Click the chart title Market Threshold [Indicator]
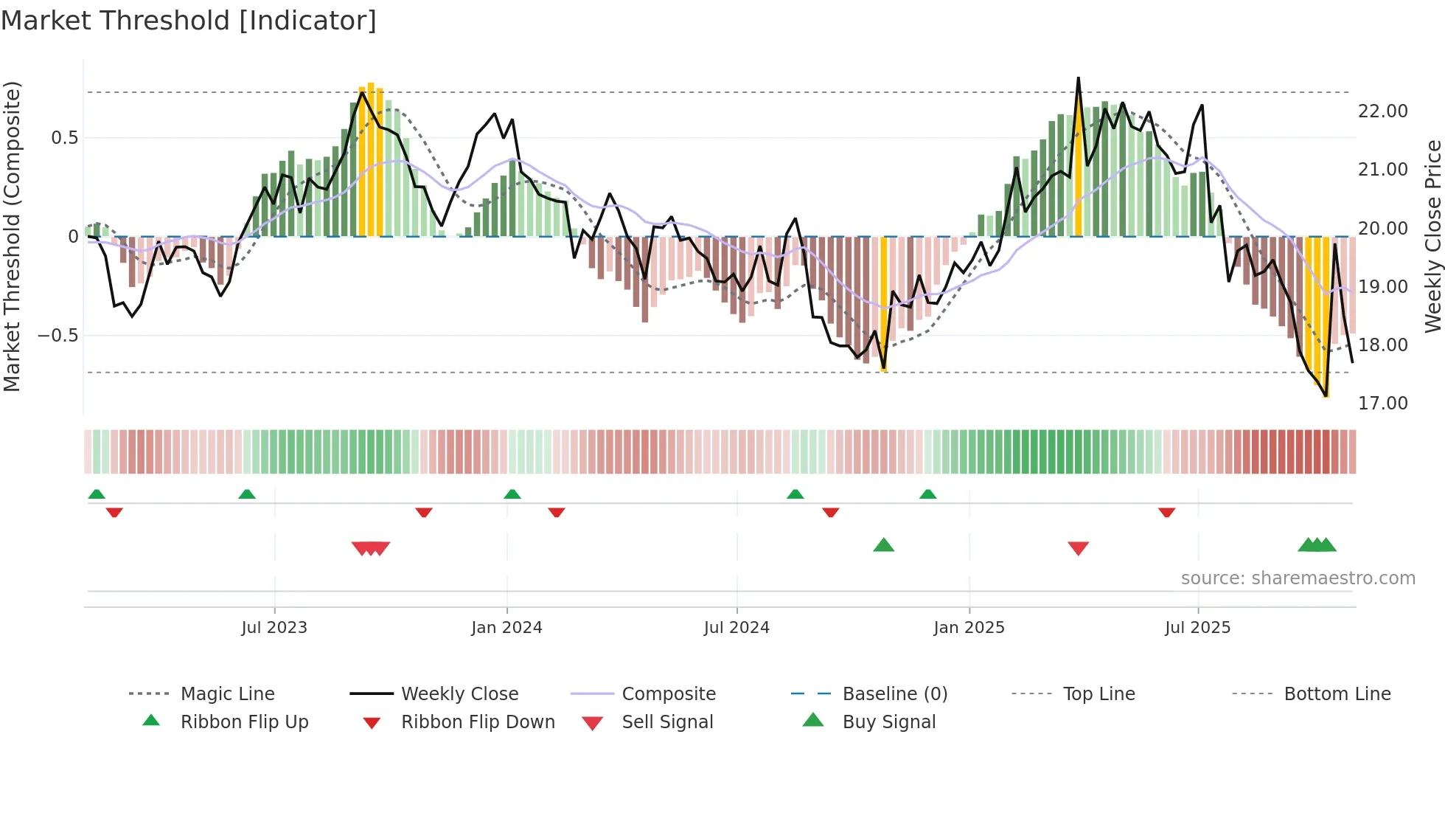pyautogui.click(x=189, y=21)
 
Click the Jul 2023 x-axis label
pyautogui.click(x=274, y=628)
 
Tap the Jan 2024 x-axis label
pyautogui.click(x=506, y=628)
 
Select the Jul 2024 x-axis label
pyautogui.click(x=737, y=628)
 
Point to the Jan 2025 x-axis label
pyautogui.click(x=969, y=628)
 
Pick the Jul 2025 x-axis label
pyautogui.click(x=1198, y=628)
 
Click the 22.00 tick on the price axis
pyautogui.click(x=1382, y=111)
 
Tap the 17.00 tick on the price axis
pyautogui.click(x=1382, y=404)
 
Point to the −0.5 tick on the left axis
pyautogui.click(x=58, y=336)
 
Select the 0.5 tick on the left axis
pyautogui.click(x=64, y=138)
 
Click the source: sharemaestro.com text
pyautogui.click(x=1298, y=578)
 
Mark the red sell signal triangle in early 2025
pyautogui.click(x=1078, y=548)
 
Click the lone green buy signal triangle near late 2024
pyautogui.click(x=883, y=545)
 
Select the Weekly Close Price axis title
pyautogui.click(x=1432, y=236)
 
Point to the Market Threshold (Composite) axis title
pyautogui.click(x=13, y=236)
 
